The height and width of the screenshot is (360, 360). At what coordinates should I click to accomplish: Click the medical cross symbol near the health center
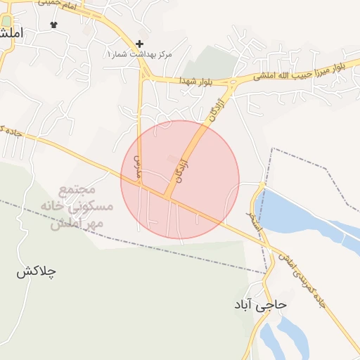(139, 44)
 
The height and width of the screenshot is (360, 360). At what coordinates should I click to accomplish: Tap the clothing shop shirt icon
(54, 24)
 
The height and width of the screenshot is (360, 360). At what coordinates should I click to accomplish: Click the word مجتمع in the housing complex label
(72, 190)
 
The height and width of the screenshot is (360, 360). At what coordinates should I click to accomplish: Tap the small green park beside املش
(6, 21)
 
